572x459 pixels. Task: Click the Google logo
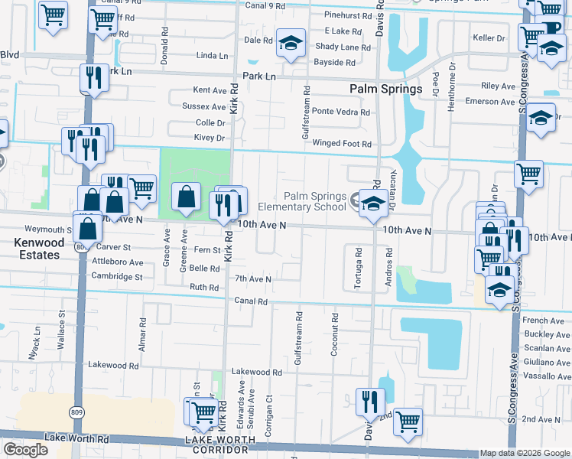coord(25,450)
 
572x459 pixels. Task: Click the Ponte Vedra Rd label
coord(340,112)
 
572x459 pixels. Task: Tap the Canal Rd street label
coord(251,301)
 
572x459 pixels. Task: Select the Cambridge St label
coord(118,276)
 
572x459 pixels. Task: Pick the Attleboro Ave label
coord(118,262)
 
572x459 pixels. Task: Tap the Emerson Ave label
coord(490,102)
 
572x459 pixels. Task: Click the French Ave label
coord(544,321)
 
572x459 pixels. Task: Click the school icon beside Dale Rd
coord(291,44)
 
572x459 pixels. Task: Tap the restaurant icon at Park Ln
coord(93,77)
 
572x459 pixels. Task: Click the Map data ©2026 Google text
coord(525,453)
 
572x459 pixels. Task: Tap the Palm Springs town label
coord(385,89)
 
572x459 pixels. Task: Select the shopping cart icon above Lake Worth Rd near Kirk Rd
coord(202,412)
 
